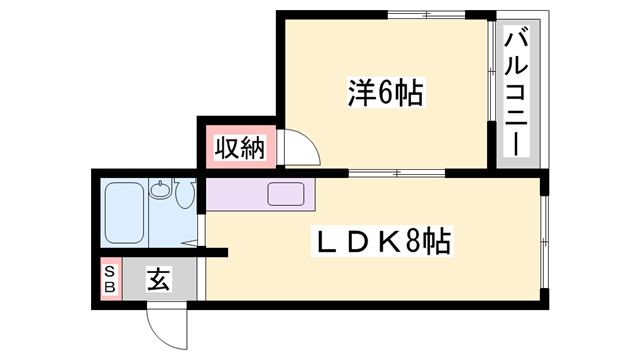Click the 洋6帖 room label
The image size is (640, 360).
click(x=386, y=94)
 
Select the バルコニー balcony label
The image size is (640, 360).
click(x=517, y=93)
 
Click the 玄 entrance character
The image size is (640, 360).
click(x=159, y=278)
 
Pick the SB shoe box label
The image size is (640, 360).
click(x=109, y=279)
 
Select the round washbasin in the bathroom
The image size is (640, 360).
click(x=160, y=188)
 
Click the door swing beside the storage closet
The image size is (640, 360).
click(x=301, y=150)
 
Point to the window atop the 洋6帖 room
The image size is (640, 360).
click(x=426, y=13)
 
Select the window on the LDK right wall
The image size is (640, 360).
click(x=546, y=241)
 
